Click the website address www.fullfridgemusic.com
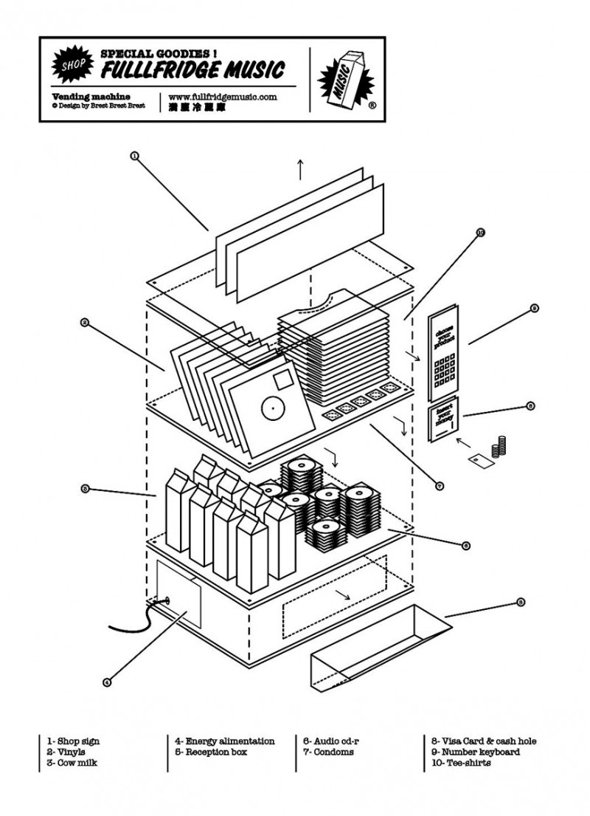tap(222, 97)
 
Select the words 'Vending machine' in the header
tap(91, 97)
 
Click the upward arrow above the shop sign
tap(300, 168)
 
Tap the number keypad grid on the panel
tap(446, 370)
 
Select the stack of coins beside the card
tap(502, 446)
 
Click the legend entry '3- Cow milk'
tap(72, 763)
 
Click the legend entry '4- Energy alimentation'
tap(224, 741)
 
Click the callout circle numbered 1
tap(134, 156)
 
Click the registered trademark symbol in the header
tap(372, 106)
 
